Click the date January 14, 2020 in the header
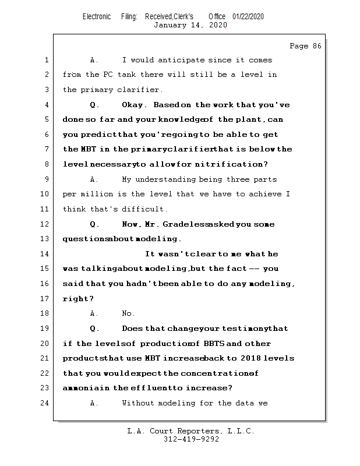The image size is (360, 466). pyautogui.click(x=190, y=25)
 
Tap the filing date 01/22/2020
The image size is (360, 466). pyautogui.click(x=248, y=16)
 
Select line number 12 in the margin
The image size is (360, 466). pyautogui.click(x=46, y=224)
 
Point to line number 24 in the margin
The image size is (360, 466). pyautogui.click(x=46, y=403)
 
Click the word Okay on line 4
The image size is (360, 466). pyautogui.click(x=135, y=105)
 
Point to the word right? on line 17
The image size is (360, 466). pyautogui.click(x=79, y=299)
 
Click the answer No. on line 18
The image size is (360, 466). pyautogui.click(x=129, y=313)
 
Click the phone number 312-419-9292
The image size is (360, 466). pyautogui.click(x=191, y=440)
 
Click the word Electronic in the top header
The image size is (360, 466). pyautogui.click(x=97, y=16)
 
